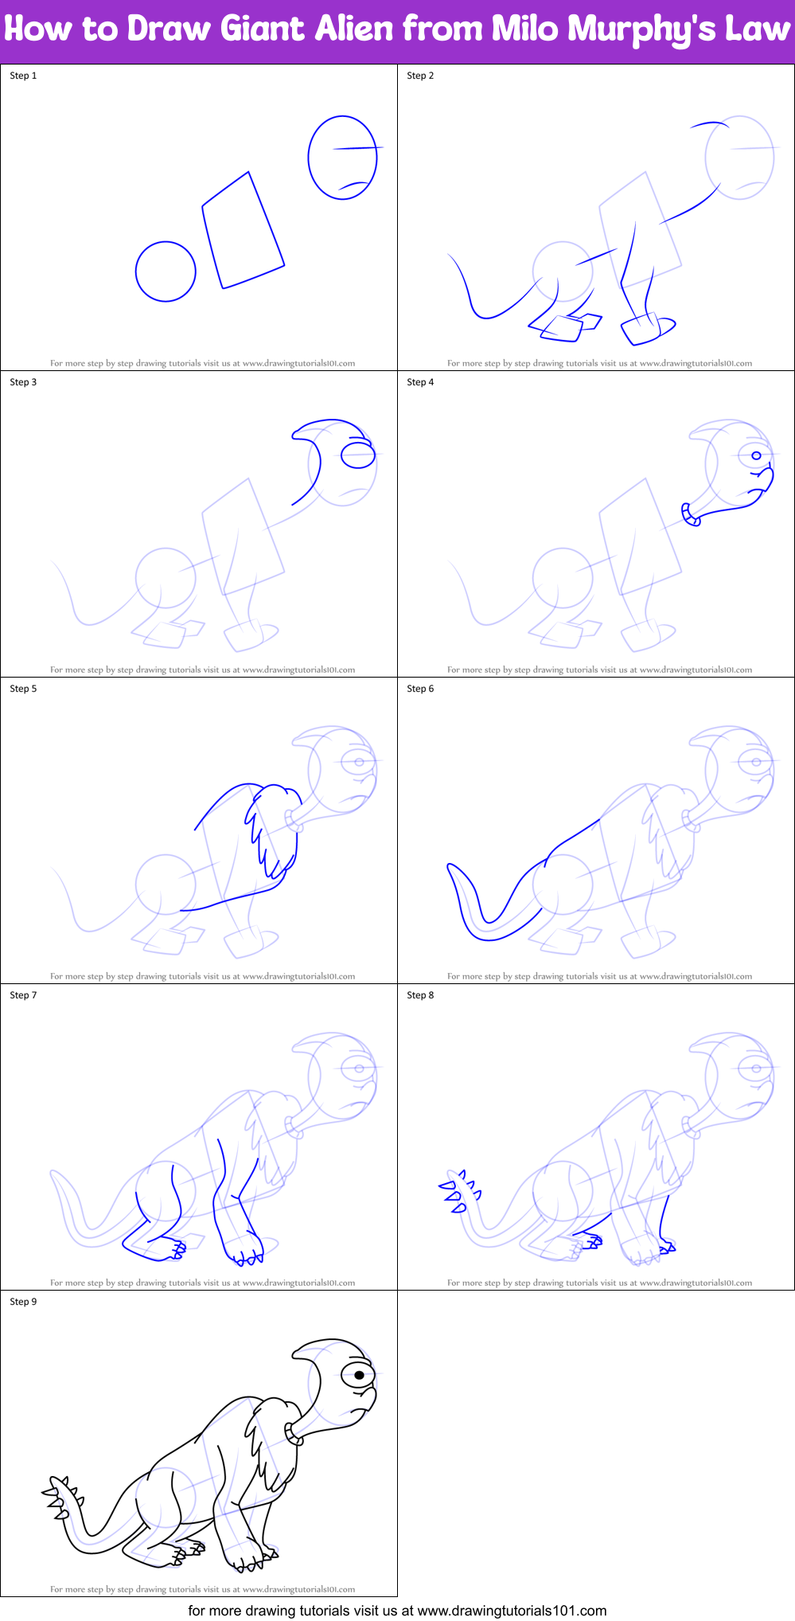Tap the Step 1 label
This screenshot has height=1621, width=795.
(23, 76)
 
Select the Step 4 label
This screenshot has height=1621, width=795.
(420, 382)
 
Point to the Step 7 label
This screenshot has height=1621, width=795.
(23, 995)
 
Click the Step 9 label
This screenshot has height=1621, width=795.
(23, 1302)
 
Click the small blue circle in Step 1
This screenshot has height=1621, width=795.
(166, 271)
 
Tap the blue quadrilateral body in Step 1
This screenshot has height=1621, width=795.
(243, 231)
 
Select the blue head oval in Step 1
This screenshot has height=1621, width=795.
(342, 158)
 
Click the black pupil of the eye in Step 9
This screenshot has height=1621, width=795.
(360, 1375)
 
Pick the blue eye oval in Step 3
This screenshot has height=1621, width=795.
(358, 455)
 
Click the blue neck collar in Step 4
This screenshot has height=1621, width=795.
(689, 515)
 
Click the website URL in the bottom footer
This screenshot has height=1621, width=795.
(512, 1610)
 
